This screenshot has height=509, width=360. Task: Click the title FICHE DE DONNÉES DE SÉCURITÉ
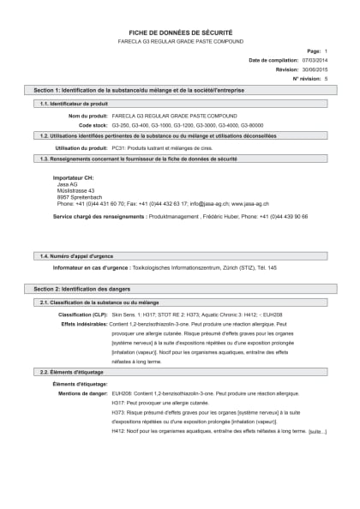[180, 31]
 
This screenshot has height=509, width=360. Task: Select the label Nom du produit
[87, 115]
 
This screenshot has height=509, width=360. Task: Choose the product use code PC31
[119, 147]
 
